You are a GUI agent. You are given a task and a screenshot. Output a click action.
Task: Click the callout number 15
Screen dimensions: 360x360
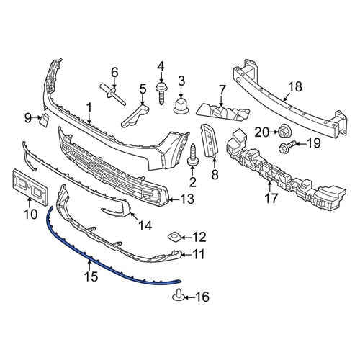(x=91, y=276)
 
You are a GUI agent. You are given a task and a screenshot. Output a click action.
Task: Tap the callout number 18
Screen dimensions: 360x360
(x=295, y=86)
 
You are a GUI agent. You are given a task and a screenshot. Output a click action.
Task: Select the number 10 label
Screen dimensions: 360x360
(x=31, y=214)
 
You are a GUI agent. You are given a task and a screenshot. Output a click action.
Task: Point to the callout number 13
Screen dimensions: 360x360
(x=186, y=199)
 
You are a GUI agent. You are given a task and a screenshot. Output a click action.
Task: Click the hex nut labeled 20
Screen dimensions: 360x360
(x=283, y=132)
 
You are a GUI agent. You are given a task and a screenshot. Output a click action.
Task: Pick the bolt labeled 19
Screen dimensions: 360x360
(x=287, y=147)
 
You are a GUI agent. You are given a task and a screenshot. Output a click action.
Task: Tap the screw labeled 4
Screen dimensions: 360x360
(x=161, y=94)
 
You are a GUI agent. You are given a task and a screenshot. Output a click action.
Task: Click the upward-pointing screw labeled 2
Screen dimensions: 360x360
(x=192, y=155)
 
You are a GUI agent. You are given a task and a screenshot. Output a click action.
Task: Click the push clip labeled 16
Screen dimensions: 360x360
(x=178, y=296)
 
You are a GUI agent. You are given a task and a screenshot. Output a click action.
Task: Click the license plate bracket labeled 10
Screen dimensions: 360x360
(x=30, y=184)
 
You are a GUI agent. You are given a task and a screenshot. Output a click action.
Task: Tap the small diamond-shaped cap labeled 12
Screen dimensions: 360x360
(x=174, y=237)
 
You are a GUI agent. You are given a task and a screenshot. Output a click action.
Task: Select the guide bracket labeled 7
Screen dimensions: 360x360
(x=222, y=112)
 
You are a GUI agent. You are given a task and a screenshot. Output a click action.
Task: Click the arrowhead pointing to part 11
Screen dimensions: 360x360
(x=182, y=254)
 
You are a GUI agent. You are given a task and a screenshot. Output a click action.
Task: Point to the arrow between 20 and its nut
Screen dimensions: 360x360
(x=272, y=132)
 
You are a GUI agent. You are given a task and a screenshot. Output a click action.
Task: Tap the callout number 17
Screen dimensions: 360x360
(x=271, y=198)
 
